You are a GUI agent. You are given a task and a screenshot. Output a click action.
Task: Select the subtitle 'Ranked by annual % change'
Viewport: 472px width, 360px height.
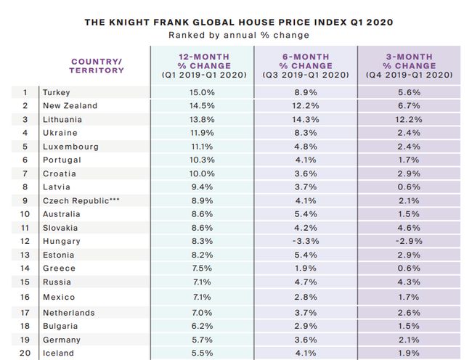(239, 35)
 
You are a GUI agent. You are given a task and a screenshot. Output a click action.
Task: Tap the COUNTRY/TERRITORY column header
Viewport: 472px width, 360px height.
(97, 65)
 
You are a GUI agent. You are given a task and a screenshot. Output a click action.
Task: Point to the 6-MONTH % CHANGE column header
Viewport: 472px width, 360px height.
(306, 65)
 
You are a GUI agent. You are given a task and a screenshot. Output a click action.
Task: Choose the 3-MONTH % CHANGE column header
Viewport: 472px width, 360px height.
(410, 65)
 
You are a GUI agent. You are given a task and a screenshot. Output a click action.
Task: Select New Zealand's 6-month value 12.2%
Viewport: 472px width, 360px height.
(306, 106)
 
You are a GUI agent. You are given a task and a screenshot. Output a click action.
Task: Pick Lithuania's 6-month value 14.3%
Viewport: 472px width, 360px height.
(306, 119)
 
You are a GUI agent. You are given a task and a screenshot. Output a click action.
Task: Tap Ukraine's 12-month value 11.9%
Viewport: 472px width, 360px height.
(202, 133)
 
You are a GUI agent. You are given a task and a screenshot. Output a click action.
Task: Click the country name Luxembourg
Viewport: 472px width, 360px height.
(70, 146)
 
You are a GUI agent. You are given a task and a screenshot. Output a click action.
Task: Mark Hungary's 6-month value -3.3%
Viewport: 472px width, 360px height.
(306, 241)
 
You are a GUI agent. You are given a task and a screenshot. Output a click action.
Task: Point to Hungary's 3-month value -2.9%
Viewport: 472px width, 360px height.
(410, 241)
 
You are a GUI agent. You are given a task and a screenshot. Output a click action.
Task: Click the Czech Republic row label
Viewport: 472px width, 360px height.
(80, 200)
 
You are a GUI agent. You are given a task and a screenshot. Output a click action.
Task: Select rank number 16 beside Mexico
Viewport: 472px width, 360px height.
(25, 297)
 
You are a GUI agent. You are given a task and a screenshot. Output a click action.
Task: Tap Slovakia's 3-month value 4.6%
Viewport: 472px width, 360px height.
(410, 227)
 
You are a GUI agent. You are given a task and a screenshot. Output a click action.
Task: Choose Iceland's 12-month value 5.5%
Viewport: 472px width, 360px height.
(202, 353)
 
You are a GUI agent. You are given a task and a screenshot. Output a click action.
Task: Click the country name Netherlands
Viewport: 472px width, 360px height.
(69, 313)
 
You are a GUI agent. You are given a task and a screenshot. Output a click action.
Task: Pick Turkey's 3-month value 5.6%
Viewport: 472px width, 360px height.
(410, 92)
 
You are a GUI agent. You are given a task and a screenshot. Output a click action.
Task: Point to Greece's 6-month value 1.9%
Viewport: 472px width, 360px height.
(306, 268)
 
